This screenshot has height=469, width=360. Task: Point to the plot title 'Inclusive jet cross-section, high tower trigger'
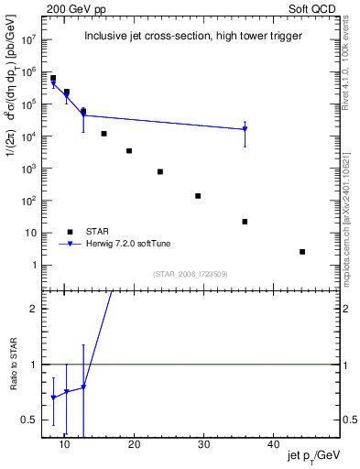click(x=193, y=37)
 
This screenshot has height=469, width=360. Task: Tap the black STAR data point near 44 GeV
click(x=302, y=252)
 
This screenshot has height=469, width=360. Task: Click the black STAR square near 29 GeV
click(x=198, y=196)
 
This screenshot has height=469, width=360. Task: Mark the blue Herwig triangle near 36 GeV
click(x=245, y=130)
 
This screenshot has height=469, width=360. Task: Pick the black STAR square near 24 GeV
click(x=160, y=171)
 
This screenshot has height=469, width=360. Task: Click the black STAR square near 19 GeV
click(x=129, y=151)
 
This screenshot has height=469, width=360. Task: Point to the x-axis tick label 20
click(x=134, y=444)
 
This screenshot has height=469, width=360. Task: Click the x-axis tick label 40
click(x=273, y=444)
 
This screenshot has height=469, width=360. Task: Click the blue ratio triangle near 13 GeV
click(x=83, y=387)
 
